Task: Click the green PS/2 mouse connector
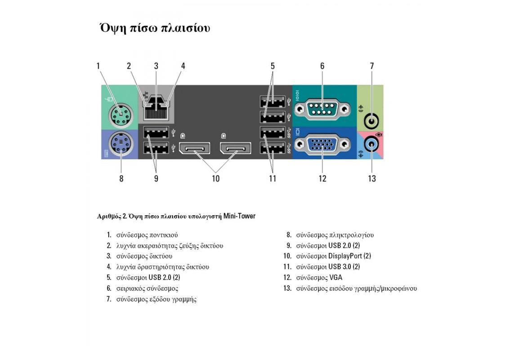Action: tap(121, 116)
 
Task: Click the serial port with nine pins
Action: tap(322, 109)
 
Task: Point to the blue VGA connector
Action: tap(322, 144)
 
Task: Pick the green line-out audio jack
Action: tap(371, 121)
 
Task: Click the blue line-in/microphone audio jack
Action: tap(371, 144)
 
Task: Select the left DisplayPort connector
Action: tap(194, 148)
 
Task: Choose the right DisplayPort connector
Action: tap(236, 148)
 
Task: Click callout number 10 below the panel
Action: tap(215, 179)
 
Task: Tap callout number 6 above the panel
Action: tap(322, 66)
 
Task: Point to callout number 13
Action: tap(372, 179)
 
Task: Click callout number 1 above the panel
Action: tap(98, 66)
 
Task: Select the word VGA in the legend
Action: tap(335, 278)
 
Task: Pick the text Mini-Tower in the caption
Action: tap(239, 216)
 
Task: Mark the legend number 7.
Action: tap(109, 299)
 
